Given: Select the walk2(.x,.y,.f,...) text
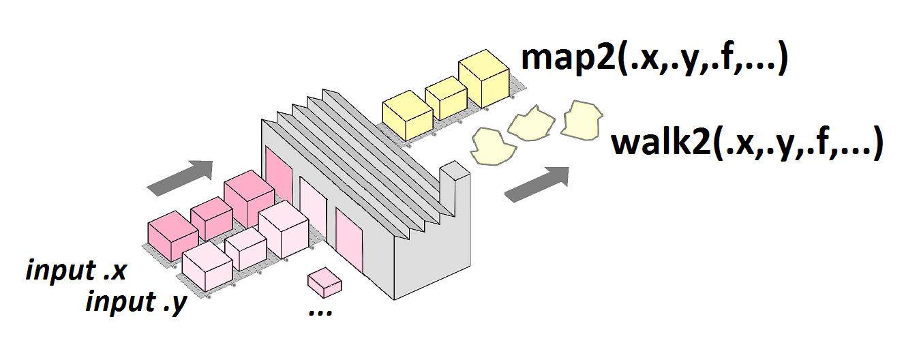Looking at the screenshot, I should pyautogui.click(x=747, y=144).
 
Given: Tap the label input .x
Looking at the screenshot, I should pyautogui.click(x=76, y=271).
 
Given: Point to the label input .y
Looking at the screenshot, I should pyautogui.click(x=136, y=301).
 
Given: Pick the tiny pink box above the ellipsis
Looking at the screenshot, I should pyautogui.click(x=323, y=280).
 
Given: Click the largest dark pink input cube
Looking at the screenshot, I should pyautogui.click(x=249, y=199).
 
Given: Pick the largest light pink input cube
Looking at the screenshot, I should pyautogui.click(x=284, y=228).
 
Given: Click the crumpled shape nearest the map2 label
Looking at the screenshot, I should pyautogui.click(x=582, y=118).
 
